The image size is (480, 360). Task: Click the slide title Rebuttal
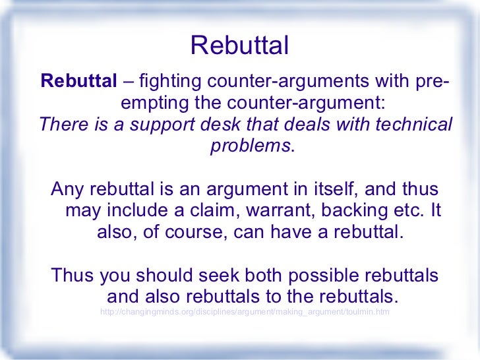pyautogui.click(x=239, y=45)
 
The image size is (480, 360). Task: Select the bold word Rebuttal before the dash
pyautogui.click(x=78, y=82)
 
